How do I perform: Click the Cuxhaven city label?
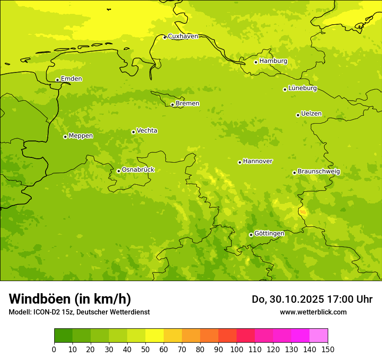pos(183,36)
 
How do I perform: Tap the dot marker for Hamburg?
pos(256,62)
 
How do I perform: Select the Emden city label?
pos(71,79)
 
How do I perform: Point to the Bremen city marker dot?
pos(172,105)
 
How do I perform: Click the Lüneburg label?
pos(302,88)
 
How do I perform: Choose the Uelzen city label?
pos(311,114)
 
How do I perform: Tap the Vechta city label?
pos(147,131)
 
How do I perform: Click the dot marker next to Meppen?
pos(65,137)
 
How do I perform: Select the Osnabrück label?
pos(138,170)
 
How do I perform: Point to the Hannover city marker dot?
pos(240,162)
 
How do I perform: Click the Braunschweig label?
pos(319,172)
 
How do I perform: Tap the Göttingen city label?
pos(269,234)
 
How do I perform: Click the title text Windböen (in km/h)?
pos(70,299)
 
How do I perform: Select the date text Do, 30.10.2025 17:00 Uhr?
pos(312,299)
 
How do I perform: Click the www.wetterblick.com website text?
pos(313,312)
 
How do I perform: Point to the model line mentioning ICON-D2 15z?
pos(79,312)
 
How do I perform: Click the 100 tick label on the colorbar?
pos(237,350)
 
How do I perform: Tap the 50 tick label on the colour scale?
pos(145,350)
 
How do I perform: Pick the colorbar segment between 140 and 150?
pos(319,336)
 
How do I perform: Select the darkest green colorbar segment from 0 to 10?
pos(63,336)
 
